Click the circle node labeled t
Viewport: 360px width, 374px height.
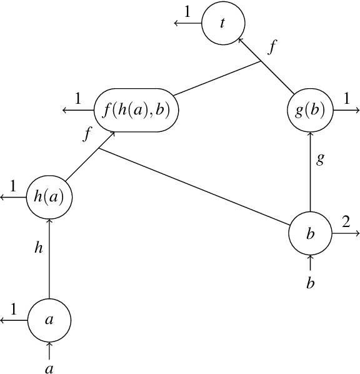click(223, 23)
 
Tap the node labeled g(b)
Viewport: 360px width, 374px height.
click(311, 111)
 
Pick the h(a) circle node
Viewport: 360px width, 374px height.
click(49, 197)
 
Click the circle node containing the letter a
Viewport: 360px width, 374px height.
click(49, 319)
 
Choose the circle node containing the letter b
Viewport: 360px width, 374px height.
click(311, 233)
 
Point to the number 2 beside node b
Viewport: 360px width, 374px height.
click(345, 221)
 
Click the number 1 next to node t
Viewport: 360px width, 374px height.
click(187, 11)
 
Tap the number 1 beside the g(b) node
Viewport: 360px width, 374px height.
click(345, 98)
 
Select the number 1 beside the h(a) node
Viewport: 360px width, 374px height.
click(13, 186)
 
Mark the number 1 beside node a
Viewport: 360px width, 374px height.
click(13, 308)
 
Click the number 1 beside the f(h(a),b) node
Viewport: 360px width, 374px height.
click(78, 98)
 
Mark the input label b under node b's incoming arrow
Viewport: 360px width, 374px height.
click(311, 283)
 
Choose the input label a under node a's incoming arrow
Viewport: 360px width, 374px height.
click(49, 368)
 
